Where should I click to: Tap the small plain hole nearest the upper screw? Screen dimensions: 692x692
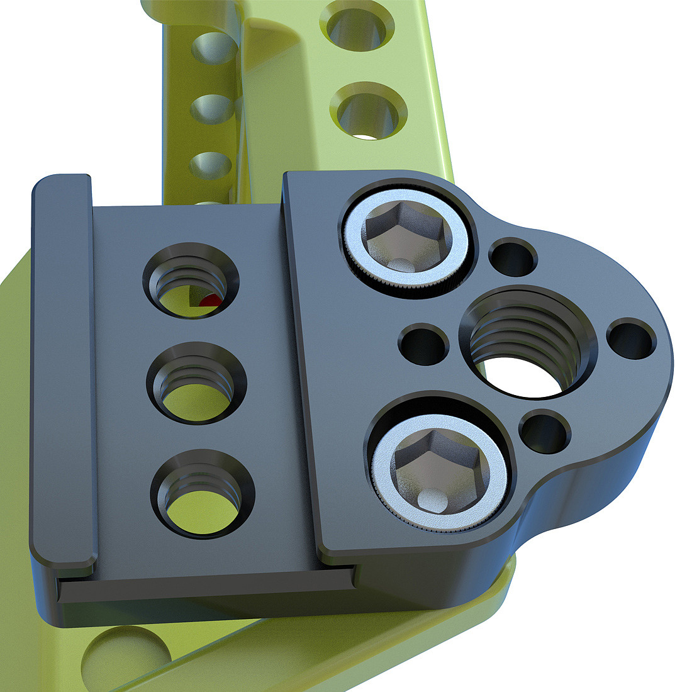click(x=513, y=257)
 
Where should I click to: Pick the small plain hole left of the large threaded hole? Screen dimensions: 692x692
click(x=423, y=344)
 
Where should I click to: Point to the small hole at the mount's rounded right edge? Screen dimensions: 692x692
click(x=632, y=339)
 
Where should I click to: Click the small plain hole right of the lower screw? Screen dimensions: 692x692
click(x=545, y=432)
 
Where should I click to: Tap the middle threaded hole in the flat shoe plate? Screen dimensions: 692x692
click(x=196, y=383)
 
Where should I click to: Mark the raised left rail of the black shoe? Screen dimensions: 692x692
click(x=63, y=365)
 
